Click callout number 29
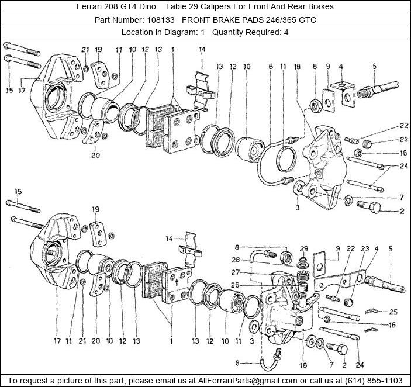click(303, 249)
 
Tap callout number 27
click(235, 272)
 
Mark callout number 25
click(393, 312)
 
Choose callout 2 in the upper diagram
click(402, 211)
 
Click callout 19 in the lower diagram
click(95, 209)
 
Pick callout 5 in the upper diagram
click(374, 66)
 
